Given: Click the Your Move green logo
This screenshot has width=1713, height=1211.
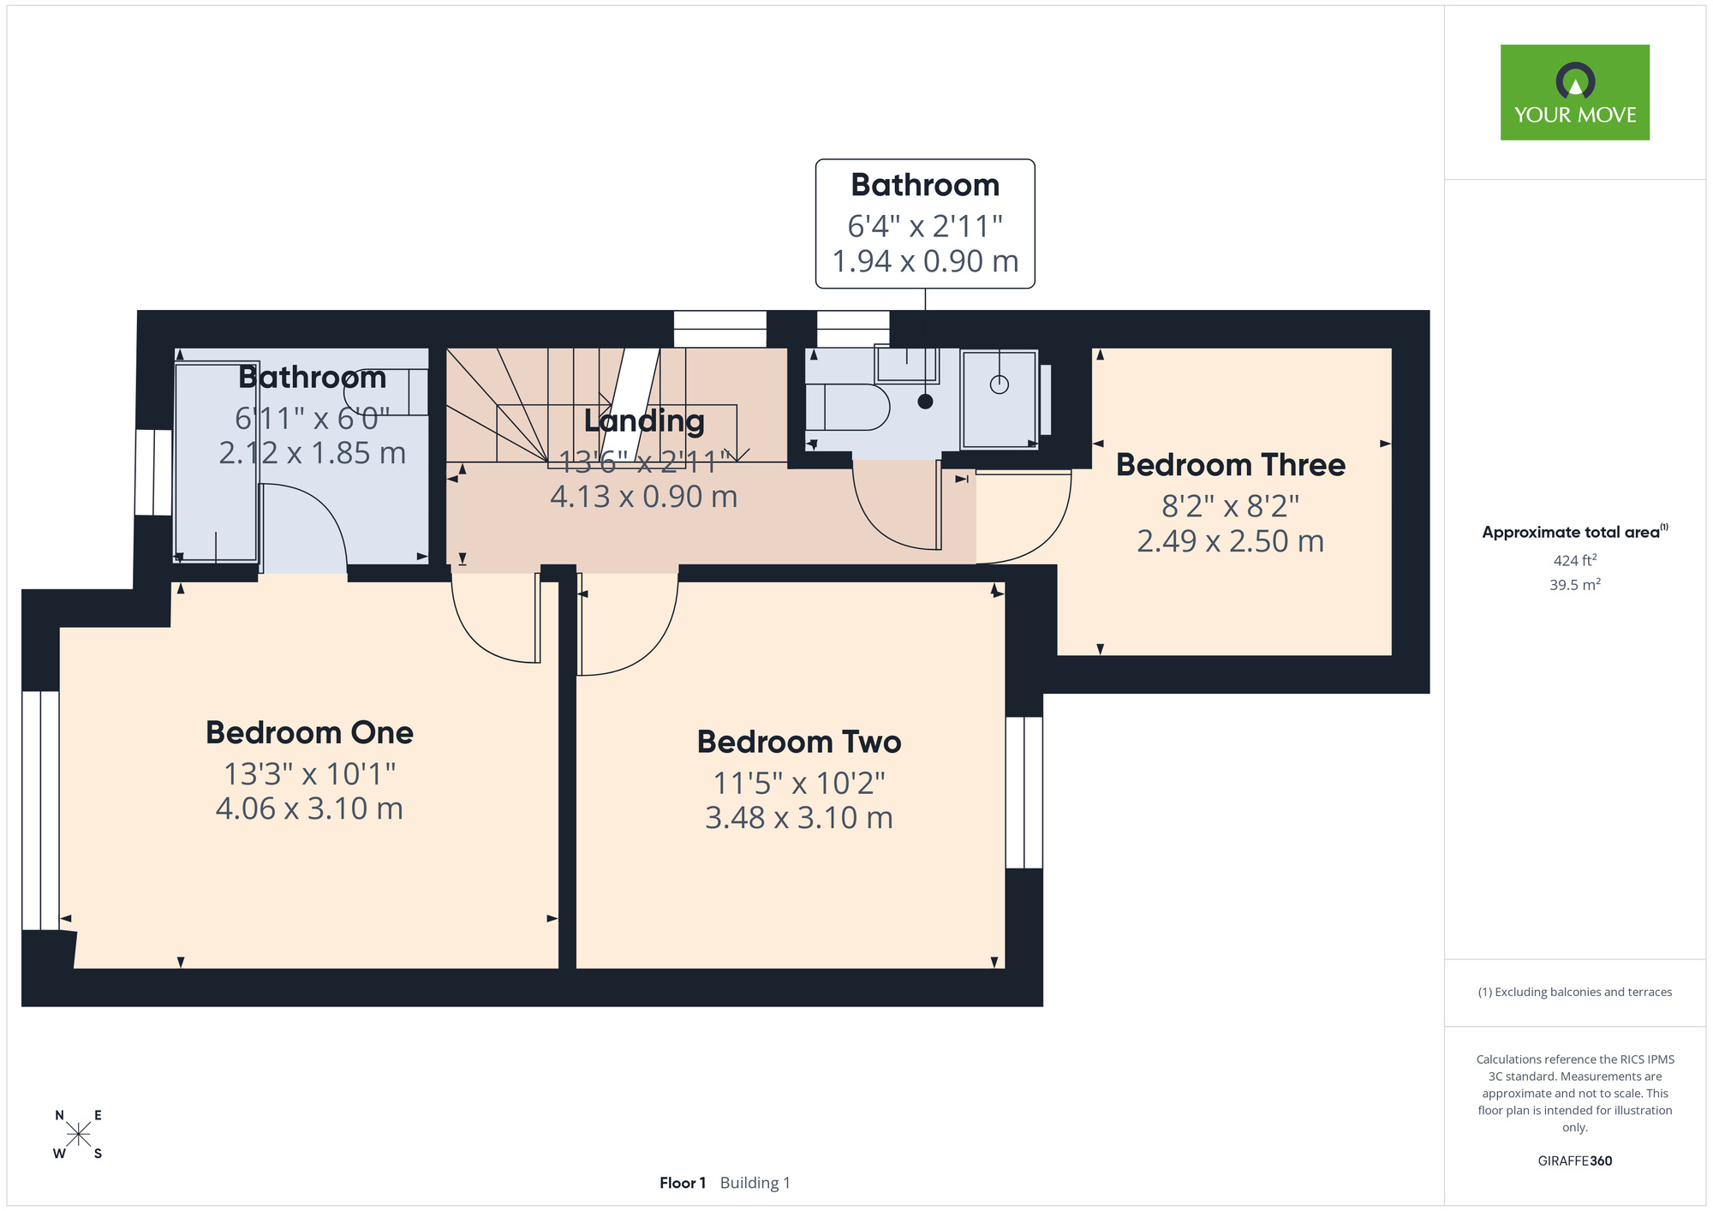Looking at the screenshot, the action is (1574, 92).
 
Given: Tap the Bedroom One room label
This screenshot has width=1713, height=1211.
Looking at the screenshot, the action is (309, 733).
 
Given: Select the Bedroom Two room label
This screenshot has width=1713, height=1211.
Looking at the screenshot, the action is (799, 742).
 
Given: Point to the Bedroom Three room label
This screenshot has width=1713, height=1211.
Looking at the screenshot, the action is (1231, 465).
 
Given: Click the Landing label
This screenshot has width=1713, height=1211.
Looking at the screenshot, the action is (644, 421).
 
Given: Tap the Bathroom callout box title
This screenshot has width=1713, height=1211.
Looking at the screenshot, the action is (925, 185).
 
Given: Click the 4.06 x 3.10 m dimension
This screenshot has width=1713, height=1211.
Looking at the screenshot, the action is (309, 808).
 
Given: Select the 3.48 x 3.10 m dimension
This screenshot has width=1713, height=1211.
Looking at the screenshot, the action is (799, 818).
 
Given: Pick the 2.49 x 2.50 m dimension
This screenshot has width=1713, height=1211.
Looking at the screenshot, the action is (1231, 541).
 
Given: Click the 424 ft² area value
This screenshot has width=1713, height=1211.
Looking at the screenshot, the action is (1575, 560).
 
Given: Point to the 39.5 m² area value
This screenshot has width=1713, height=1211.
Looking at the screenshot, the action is (1575, 585).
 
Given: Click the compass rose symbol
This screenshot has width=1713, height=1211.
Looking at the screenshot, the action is (78, 1135).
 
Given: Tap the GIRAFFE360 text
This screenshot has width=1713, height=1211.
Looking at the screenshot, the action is (1575, 1161).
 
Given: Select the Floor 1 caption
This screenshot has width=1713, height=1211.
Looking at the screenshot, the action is (683, 1183).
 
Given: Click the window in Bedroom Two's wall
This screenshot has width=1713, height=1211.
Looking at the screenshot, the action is (1024, 792).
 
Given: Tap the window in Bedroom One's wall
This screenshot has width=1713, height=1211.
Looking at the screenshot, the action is (40, 810).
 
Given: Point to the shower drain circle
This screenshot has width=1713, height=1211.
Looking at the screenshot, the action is (1000, 385).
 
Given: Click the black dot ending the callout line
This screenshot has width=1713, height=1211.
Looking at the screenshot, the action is (925, 401).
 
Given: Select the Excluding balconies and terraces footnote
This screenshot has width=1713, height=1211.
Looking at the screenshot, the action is (1575, 992).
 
